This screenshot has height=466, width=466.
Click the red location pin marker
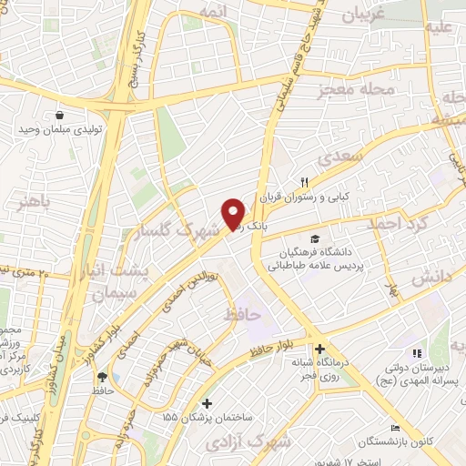(x=234, y=214)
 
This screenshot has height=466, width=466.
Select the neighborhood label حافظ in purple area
(x=243, y=314)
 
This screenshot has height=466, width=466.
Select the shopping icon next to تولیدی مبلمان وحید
(x=59, y=116)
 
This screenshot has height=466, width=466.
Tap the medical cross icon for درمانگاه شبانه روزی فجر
(x=319, y=349)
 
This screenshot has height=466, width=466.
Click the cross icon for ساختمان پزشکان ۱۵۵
(x=208, y=403)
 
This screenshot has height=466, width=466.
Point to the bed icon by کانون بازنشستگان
(x=394, y=429)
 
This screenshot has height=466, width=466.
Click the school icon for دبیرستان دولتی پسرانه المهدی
(x=416, y=353)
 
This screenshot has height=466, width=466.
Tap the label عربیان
(x=366, y=15)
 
